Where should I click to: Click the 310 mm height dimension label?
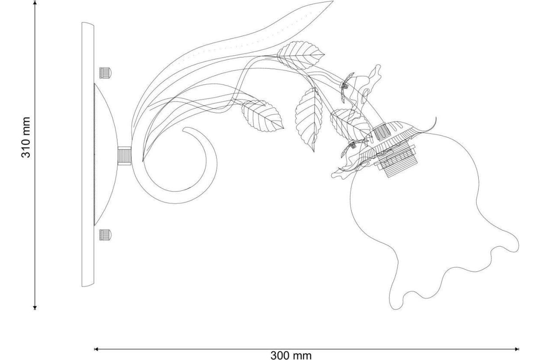coord(26,138)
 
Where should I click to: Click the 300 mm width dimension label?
coord(291,355)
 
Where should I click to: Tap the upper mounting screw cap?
coord(106,73)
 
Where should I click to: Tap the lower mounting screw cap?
coord(106,234)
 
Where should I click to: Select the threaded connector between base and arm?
coord(124,156)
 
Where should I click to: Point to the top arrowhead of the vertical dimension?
coord(35,3)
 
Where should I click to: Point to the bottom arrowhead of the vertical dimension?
coord(35,307)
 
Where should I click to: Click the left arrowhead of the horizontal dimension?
coord(96,349)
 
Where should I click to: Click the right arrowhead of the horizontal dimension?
coord(517,349)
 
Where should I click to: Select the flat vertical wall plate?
coord(88,154)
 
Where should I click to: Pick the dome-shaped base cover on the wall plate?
coord(106,154)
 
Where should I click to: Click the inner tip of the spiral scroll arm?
coord(183,130)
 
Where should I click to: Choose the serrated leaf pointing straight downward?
coord(309,120)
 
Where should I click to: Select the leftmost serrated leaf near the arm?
coord(262,116)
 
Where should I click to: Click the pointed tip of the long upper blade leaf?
coord(333,1)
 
